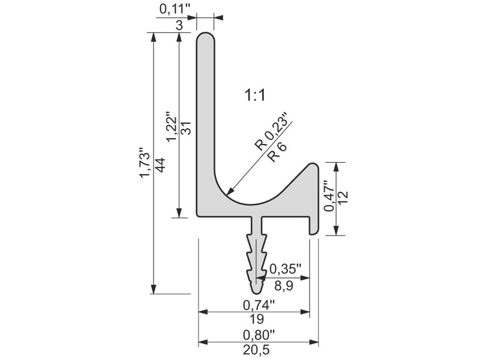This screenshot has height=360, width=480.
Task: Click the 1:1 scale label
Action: point(254,95)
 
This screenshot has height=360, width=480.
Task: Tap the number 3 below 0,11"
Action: point(179,25)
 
